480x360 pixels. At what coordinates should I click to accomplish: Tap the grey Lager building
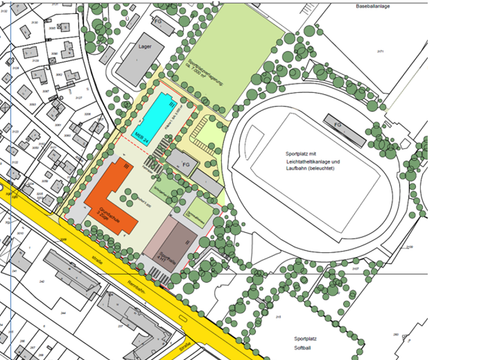click(135, 62)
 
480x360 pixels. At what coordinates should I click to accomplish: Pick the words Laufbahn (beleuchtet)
click(307, 171)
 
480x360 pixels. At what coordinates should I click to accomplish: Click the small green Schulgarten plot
click(161, 185)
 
